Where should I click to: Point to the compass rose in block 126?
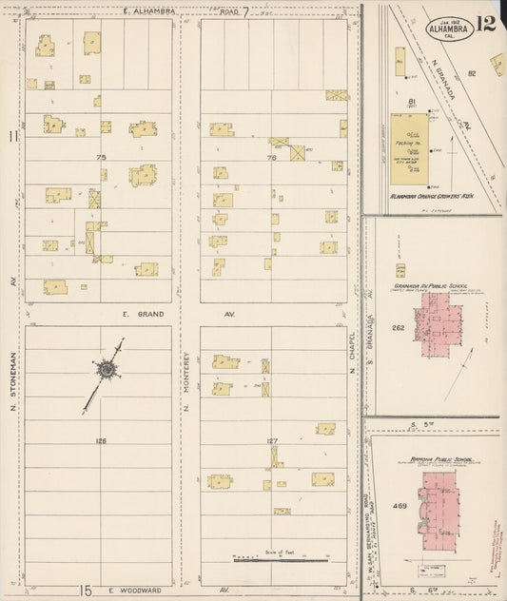(x=107, y=369)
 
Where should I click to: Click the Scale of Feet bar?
(x=281, y=559)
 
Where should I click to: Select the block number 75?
(x=100, y=157)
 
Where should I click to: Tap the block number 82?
(x=471, y=72)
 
